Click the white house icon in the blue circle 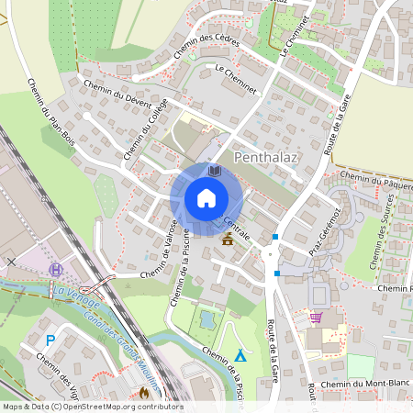pos(206,198)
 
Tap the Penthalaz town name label pos(268,158)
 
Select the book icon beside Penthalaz pos(215,171)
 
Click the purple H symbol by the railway pos(57,270)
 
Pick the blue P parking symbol pos(50,340)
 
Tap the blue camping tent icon pos(240,355)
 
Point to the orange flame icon pos(144,392)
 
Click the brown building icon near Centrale pos(228,240)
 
